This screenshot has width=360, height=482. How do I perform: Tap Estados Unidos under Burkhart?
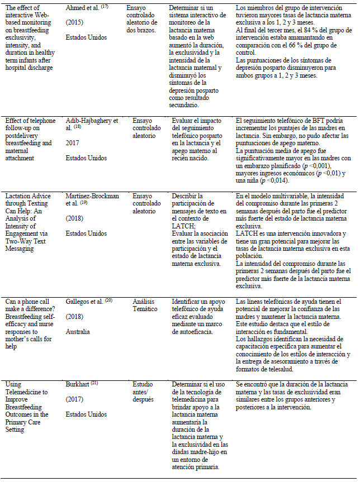(x=86, y=414)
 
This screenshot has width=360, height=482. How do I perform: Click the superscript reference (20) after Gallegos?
(x=109, y=300)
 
